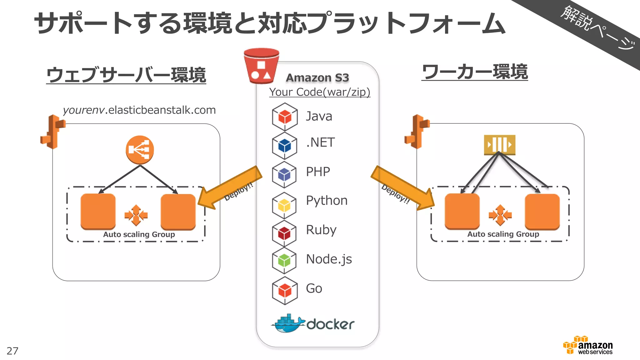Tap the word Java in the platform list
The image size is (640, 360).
319,116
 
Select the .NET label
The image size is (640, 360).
320,142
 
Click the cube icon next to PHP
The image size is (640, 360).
284,174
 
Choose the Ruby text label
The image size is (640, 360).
321,230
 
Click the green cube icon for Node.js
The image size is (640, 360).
284,261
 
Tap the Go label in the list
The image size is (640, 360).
314,288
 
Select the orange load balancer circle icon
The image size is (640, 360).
140,150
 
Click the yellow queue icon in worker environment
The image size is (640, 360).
499,145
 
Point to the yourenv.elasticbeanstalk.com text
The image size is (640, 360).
139,110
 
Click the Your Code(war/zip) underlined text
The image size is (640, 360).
319,92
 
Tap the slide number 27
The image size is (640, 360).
12,351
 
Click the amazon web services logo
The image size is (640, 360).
588,346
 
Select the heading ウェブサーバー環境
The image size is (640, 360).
126,75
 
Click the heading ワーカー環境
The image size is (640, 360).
474,72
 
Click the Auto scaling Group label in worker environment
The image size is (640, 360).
503,234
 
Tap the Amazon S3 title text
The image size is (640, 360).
317,78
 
